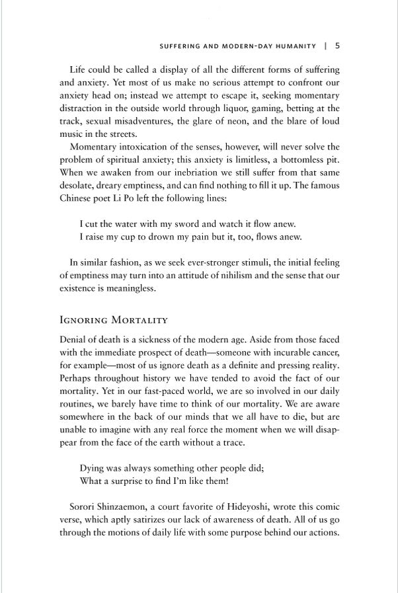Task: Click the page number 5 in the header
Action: tap(337, 46)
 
